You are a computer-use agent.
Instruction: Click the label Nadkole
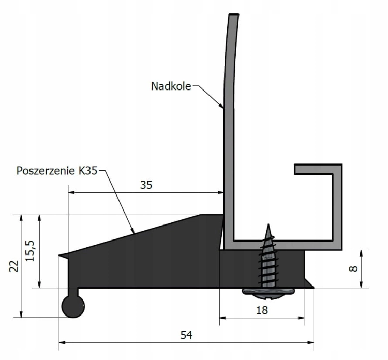pos(171,86)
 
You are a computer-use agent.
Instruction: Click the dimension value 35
pos(146,185)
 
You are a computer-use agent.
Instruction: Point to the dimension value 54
pos(186,335)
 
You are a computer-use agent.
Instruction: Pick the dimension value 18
pos(262,310)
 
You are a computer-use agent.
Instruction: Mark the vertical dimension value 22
pos(14,266)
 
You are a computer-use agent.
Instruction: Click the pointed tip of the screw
pos(268,226)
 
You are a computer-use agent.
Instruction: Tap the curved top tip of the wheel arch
pos(234,16)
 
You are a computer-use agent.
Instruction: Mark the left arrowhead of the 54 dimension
pos(62,342)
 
